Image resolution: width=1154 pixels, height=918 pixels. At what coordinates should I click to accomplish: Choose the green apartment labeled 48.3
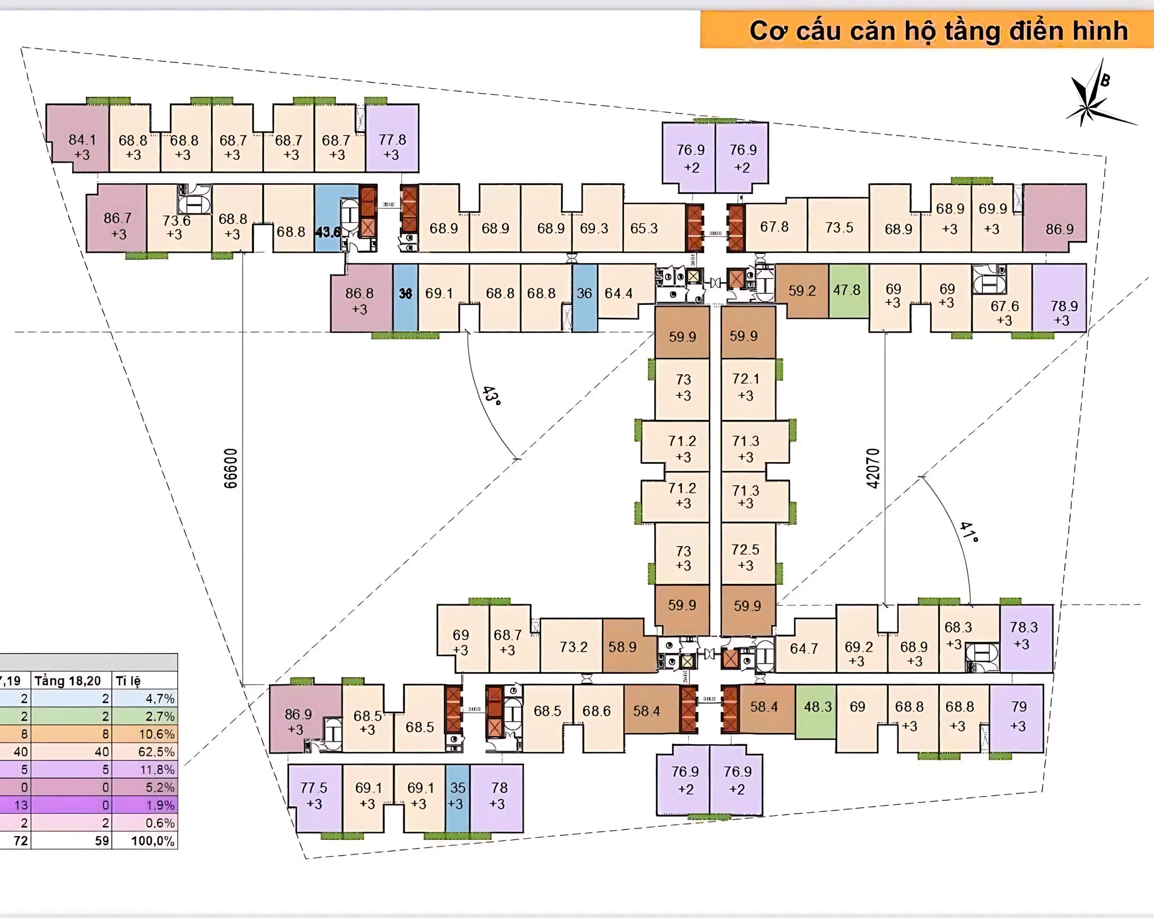817,707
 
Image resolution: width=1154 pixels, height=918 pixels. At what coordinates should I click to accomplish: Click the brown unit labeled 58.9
623,647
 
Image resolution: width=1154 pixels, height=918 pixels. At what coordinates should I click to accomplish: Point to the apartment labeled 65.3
644,229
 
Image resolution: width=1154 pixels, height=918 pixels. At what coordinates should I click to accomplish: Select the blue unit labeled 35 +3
457,796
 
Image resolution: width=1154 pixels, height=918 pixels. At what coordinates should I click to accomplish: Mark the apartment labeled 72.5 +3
746,557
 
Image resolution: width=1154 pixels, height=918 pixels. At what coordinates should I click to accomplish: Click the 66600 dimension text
230,468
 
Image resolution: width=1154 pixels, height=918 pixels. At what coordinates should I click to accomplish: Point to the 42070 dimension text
873,468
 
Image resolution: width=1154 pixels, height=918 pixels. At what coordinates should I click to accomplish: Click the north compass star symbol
1092,102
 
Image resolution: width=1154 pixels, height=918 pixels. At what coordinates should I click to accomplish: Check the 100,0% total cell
153,841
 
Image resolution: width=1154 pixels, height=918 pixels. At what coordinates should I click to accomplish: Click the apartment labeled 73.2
573,647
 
